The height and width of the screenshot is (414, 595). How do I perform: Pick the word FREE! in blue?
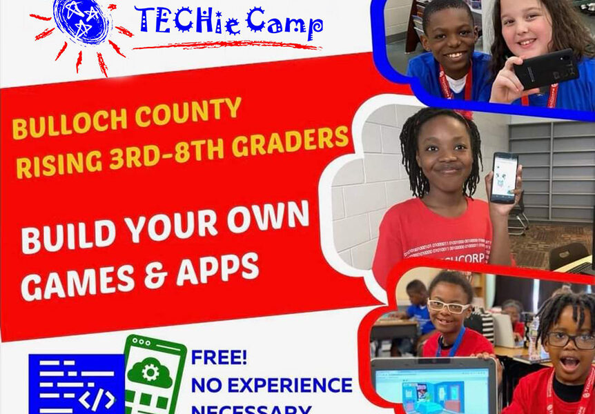pos(220,357)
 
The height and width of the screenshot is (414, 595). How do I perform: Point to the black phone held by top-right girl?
pos(545,70)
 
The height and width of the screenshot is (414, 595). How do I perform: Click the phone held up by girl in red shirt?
pos(504,177)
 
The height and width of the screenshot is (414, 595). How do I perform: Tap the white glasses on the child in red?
pos(447,306)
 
